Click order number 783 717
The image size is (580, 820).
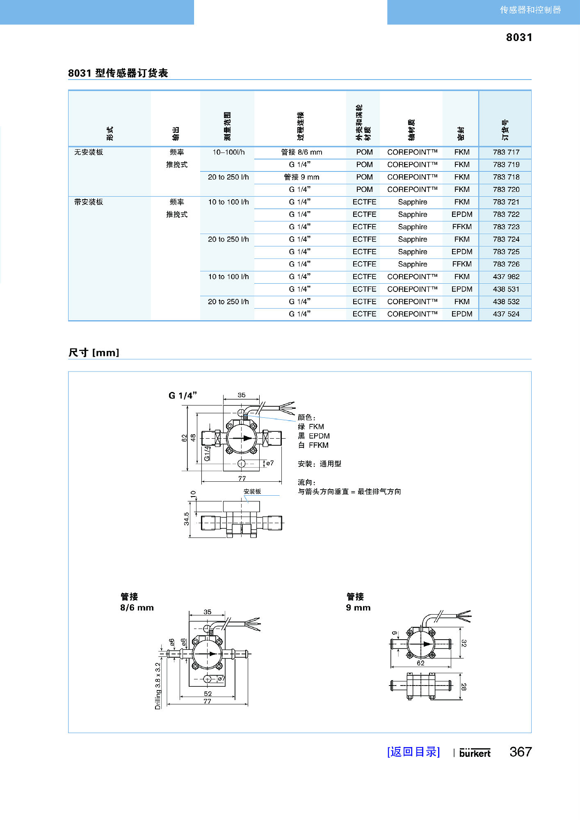pos(506,152)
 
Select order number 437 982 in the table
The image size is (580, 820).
pos(506,277)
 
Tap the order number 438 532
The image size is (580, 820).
pos(506,302)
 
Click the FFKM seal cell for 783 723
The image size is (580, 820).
pos(461,227)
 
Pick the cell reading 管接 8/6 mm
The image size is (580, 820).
pos(301,152)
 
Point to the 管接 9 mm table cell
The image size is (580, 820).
pos(301,177)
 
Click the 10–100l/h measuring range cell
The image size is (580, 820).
pos(228,152)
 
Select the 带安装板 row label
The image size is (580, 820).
pos(89,202)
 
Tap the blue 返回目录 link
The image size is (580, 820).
pos(413,752)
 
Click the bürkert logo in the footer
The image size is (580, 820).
pos(475,753)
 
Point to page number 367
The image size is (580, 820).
pos(521,752)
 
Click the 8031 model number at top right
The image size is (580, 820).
pos(519,37)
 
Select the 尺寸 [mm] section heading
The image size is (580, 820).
pos(94,353)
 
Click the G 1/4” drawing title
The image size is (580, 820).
pos(183,396)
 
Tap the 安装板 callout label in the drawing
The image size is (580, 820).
pos(252,491)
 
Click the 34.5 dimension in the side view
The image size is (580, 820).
pos(187,519)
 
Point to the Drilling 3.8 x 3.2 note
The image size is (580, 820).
pos(158,686)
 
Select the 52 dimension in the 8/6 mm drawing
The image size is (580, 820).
pos(208,694)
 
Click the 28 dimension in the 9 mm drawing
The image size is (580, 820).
pos(464,687)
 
